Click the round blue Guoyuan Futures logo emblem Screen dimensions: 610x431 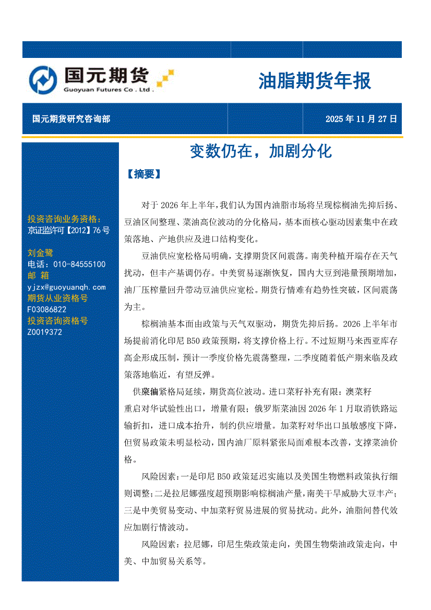pos(43,80)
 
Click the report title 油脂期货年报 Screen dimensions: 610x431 pos(315,81)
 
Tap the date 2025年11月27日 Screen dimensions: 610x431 pos(361,119)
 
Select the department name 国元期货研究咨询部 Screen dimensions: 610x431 pos(71,119)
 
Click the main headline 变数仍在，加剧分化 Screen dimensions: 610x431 pos(260,151)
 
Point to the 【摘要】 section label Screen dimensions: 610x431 pos(143,174)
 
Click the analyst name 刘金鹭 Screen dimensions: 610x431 pos(40,253)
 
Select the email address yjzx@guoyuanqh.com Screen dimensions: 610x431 pos(66,287)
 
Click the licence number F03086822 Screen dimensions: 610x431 pos(46,309)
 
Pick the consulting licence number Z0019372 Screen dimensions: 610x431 pos(44,332)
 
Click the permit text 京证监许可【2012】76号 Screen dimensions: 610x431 pos(68,230)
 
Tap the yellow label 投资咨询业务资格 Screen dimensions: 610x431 pos(64,219)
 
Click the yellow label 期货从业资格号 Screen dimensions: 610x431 pos(57,298)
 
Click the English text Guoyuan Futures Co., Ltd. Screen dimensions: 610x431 pos(109,90)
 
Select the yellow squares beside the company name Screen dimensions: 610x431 pos(165,77)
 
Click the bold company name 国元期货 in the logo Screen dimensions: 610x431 pos(106,76)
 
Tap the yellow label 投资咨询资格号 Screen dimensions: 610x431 pos(57,321)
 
